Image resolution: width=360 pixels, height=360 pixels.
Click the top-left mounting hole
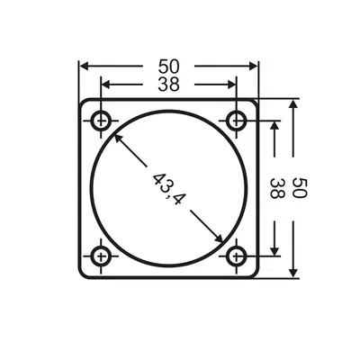(x=103, y=121)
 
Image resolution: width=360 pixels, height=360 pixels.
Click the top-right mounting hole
(x=237, y=121)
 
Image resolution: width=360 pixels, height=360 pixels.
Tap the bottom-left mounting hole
(x=103, y=256)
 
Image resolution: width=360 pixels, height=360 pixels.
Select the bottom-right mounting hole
(x=237, y=256)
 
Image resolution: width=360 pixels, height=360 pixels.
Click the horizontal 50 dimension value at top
(x=168, y=67)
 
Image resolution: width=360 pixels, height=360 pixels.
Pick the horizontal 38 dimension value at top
(x=168, y=85)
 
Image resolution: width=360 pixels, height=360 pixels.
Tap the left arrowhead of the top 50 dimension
(x=84, y=67)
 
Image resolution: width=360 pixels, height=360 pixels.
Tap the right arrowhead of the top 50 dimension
(x=254, y=67)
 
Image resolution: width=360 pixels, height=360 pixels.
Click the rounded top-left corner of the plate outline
(x=84, y=103)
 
